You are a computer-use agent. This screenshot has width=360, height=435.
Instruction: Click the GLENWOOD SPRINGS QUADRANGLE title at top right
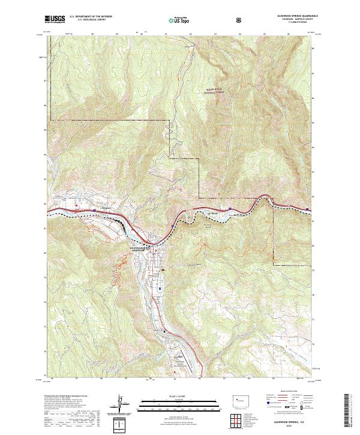[292, 16]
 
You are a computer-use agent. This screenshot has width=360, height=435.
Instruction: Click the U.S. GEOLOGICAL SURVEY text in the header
[87, 20]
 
